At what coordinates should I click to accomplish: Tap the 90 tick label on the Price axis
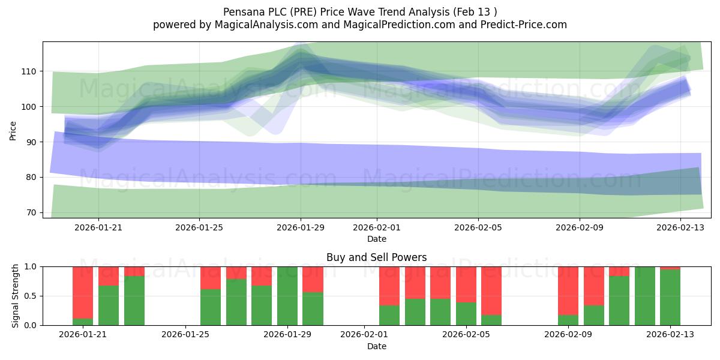[31, 142]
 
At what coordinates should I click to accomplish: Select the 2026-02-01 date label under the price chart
[377, 227]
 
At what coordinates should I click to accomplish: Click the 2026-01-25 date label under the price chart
[199, 227]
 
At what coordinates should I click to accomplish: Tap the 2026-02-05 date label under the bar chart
[466, 335]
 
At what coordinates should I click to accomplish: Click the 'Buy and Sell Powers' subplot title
[377, 257]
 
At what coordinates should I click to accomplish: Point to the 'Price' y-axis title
[13, 131]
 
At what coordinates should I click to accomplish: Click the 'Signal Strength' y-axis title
[15, 296]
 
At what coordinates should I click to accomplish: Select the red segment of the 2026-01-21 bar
[83, 293]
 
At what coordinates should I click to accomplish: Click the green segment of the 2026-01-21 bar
[83, 322]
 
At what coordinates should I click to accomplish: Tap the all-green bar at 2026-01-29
[287, 296]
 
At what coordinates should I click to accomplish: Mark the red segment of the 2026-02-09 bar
[568, 291]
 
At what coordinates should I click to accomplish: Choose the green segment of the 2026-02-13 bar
[670, 298]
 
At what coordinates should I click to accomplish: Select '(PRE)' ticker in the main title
[302, 12]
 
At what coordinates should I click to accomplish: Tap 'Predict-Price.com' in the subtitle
[524, 25]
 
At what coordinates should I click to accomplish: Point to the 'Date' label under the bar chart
[377, 346]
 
